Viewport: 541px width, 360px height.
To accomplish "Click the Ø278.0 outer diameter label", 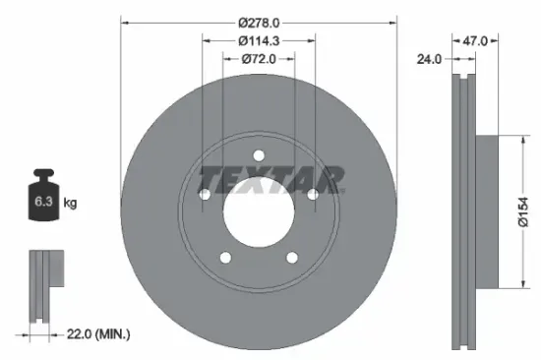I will pyautogui.click(x=259, y=20).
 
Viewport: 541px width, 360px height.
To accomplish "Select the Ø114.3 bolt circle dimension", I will pyautogui.click(x=259, y=40).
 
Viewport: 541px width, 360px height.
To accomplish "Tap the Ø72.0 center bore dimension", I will pyautogui.click(x=259, y=60).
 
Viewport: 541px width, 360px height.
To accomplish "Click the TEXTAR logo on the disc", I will pyautogui.click(x=271, y=180).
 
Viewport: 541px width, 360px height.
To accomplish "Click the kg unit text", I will pyautogui.click(x=70, y=204).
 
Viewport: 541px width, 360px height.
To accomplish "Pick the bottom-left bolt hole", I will pyautogui.click(x=225, y=258).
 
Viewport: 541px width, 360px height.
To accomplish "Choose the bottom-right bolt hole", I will pyautogui.click(x=292, y=258).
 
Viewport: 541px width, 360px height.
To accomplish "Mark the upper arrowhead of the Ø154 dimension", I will pyautogui.click(x=511, y=139).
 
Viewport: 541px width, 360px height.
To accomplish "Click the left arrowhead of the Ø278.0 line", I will pyautogui.click(x=126, y=20).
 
